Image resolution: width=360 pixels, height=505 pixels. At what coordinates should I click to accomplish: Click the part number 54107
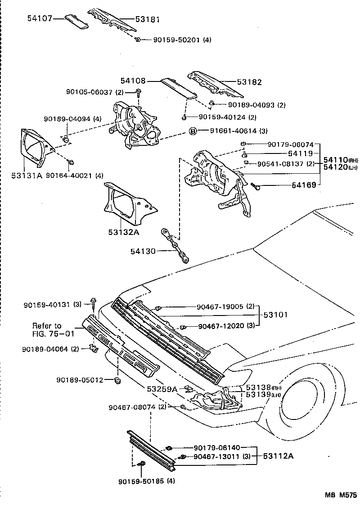tap(40, 19)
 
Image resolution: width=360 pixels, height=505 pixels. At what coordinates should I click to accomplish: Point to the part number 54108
tap(133, 81)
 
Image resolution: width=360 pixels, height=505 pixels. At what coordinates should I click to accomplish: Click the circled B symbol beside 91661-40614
tap(193, 131)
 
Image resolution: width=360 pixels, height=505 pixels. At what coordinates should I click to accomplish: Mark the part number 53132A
tap(123, 232)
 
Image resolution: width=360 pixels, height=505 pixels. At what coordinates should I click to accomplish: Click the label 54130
tap(143, 251)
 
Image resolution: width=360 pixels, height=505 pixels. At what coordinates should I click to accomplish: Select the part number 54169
tap(304, 185)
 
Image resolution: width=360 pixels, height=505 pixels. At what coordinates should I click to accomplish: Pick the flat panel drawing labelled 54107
tap(76, 22)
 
